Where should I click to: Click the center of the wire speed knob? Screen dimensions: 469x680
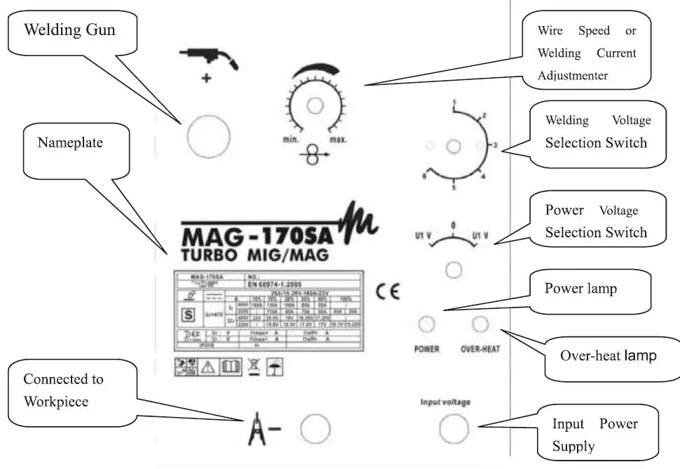(315, 105)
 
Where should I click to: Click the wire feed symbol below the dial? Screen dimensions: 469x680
(313, 157)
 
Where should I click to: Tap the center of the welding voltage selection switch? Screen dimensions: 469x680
(454, 146)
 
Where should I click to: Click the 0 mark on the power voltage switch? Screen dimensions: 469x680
(453, 226)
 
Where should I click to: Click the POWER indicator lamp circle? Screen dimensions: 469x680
(426, 324)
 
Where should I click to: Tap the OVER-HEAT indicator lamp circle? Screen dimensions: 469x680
(480, 324)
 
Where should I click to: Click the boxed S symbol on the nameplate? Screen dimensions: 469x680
(187, 315)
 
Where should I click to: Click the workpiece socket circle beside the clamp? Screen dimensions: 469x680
(315, 427)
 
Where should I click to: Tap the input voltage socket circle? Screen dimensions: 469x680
(454, 426)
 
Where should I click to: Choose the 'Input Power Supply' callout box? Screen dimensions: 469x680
(596, 435)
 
